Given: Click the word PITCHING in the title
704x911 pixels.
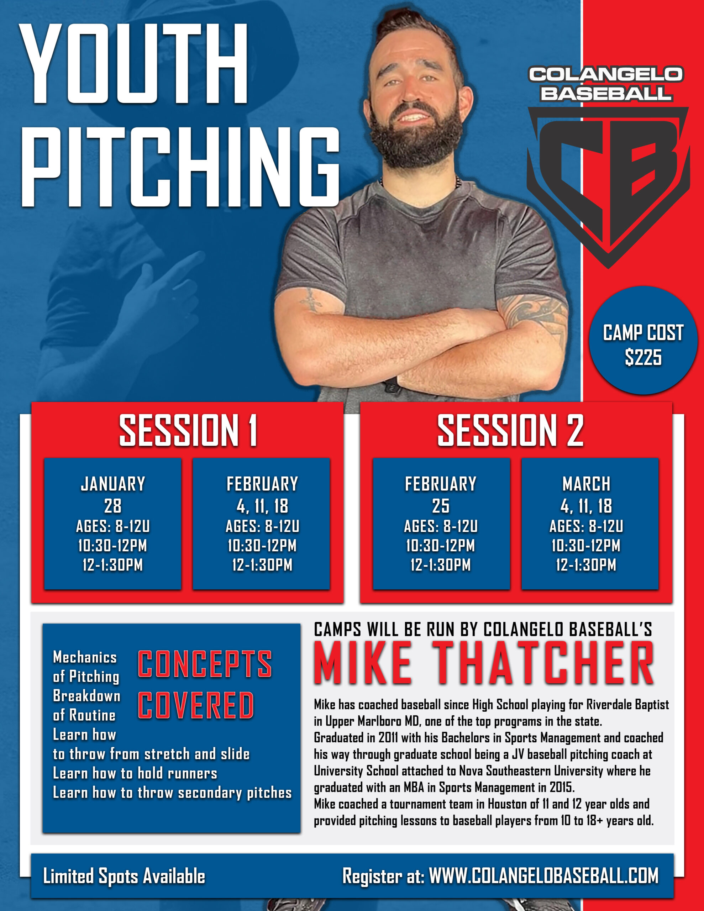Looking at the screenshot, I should click(180, 167).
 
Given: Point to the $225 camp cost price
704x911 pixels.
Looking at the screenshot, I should click(643, 358).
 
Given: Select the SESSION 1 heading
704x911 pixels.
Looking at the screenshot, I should click(188, 431).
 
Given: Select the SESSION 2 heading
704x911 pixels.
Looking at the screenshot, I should click(510, 431).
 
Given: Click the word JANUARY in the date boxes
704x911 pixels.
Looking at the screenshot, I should click(113, 484).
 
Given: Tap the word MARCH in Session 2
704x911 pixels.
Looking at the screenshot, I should click(586, 484).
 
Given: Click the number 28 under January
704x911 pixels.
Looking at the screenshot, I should click(113, 506).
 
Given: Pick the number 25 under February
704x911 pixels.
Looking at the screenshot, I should click(441, 506).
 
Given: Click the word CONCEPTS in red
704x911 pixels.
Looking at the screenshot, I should click(205, 664).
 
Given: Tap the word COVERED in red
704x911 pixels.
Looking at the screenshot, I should click(196, 705).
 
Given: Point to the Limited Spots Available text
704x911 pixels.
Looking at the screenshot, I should click(124, 876).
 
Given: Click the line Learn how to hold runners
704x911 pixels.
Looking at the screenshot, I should click(135, 773).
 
